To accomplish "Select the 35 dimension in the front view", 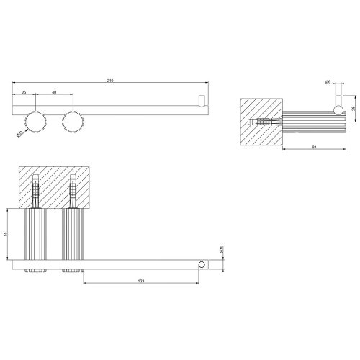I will coord(24,92).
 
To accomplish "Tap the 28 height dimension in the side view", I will coord(352,107).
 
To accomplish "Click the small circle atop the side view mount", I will coord(335,109).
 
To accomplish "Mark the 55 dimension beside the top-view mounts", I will coord(5,234).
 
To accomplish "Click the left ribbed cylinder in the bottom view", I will coord(35,234).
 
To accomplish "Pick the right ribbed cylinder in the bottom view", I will coord(72,234).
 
